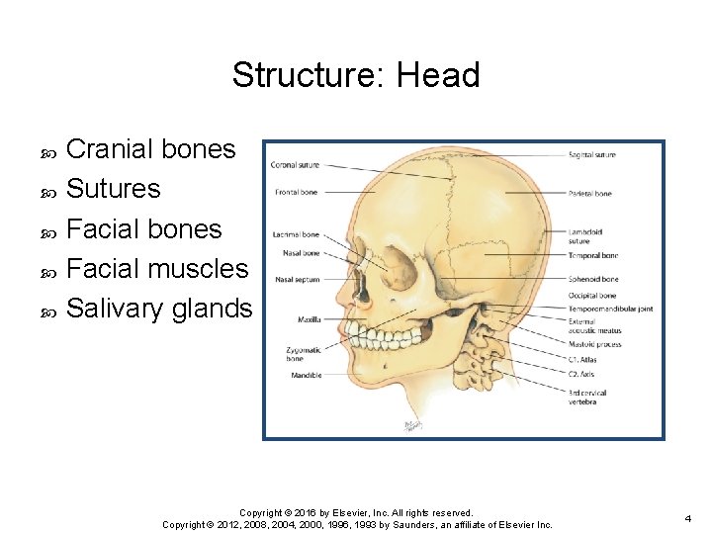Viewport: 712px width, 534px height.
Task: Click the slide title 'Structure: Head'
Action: click(356, 75)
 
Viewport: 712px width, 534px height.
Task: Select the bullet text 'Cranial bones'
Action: click(150, 149)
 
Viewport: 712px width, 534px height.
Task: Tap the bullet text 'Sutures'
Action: click(113, 189)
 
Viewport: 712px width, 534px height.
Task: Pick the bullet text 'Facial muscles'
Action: click(156, 268)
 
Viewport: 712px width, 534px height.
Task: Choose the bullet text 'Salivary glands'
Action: click(158, 309)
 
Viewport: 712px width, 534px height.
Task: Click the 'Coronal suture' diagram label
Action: click(295, 165)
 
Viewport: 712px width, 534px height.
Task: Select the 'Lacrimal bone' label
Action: click(296, 234)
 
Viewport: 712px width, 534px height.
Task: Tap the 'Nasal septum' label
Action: click(296, 280)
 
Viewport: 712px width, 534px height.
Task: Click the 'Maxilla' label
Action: click(309, 319)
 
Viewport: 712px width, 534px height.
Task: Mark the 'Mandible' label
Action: click(306, 376)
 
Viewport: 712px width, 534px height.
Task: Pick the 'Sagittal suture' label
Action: click(592, 155)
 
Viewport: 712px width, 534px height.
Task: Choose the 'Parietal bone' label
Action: click(590, 194)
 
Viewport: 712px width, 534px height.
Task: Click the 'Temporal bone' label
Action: click(593, 255)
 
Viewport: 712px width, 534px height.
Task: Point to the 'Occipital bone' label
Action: click(592, 295)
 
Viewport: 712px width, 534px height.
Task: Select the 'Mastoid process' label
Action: click(594, 344)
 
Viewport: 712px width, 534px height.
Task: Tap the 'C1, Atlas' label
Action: click(582, 360)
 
